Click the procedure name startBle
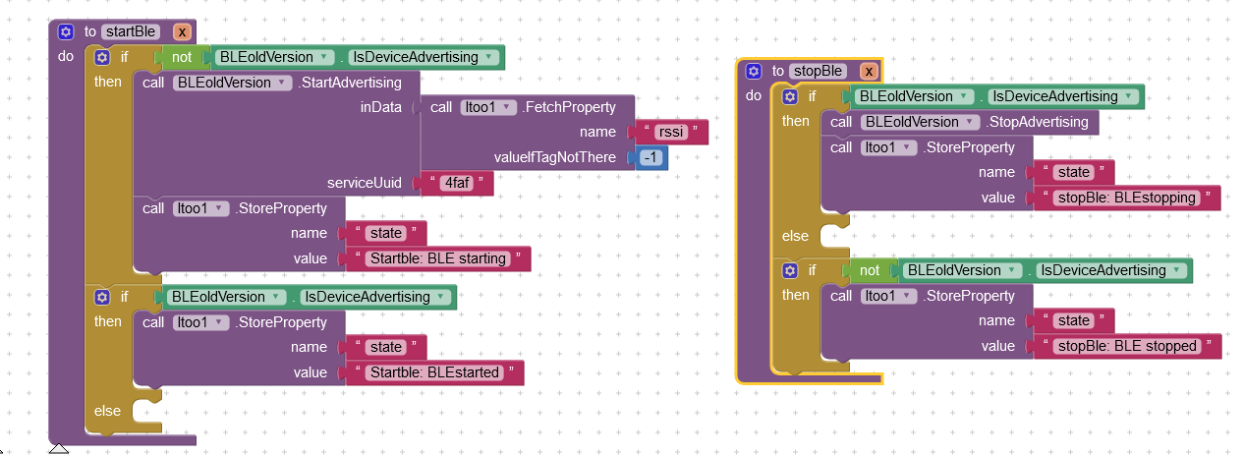(128, 31)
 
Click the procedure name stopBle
(818, 71)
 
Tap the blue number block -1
(650, 158)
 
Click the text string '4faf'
(455, 184)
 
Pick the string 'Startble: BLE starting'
(436, 259)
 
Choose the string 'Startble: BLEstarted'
(432, 373)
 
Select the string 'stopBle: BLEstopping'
(1124, 198)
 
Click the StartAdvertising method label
(350, 83)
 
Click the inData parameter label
(381, 107)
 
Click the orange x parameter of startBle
(182, 31)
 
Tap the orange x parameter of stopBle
(868, 71)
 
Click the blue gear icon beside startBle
(66, 31)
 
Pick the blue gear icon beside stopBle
(754, 71)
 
